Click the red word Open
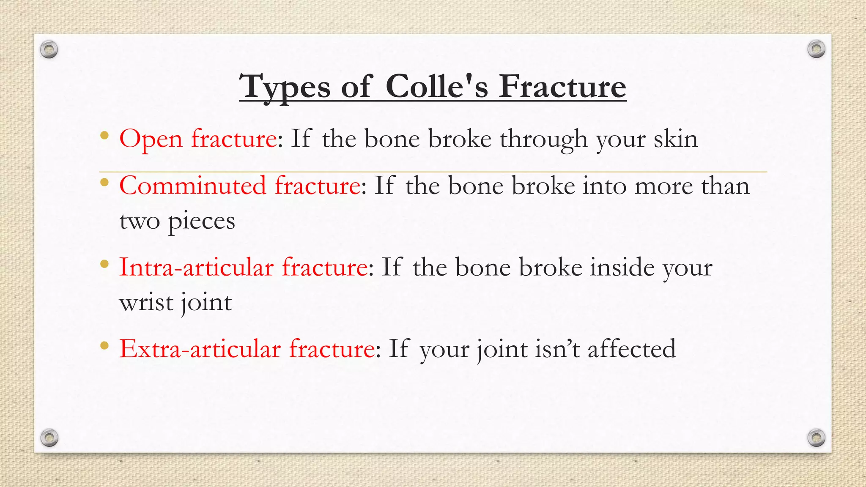point(151,139)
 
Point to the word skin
point(675,139)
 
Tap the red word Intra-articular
point(196,267)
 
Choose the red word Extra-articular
point(200,349)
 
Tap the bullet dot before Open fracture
point(104,136)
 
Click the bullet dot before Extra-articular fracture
point(104,346)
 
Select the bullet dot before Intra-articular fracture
point(104,265)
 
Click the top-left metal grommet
point(49,50)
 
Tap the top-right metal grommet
point(816,49)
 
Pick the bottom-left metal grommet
point(49,438)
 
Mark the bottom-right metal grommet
point(816,438)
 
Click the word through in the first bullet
point(543,139)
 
